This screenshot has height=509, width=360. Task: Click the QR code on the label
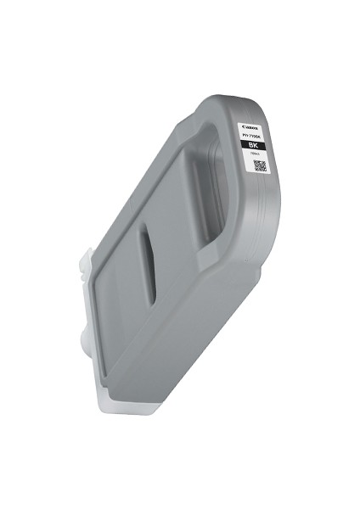pos(260,165)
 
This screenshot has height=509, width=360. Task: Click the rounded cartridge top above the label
pos(242,106)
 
